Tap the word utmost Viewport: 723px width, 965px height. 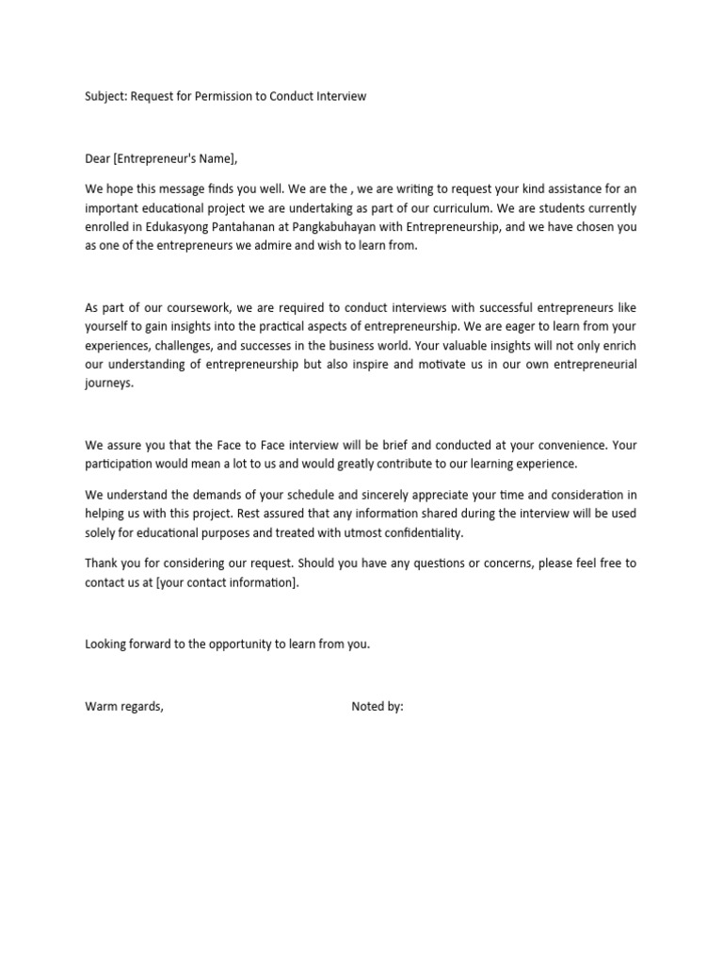[341, 532]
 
